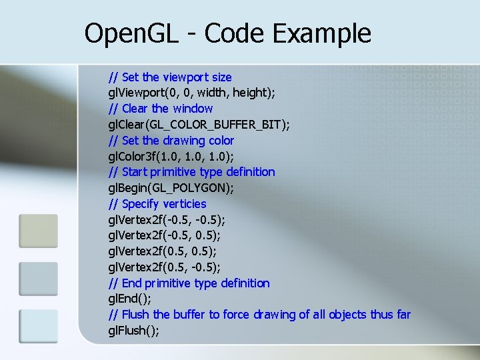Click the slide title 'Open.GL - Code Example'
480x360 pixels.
[227, 33]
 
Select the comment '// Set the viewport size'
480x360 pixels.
[170, 77]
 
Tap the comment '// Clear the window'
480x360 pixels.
[161, 108]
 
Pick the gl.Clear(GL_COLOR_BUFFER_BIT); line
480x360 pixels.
[199, 124]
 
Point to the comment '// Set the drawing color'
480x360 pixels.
[171, 140]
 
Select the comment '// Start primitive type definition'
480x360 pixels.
[191, 171]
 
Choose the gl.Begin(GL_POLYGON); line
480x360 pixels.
[171, 187]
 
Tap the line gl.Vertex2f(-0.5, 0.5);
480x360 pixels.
[165, 235]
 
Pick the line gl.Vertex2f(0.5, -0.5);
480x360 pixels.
[165, 267]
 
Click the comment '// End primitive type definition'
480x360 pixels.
[189, 283]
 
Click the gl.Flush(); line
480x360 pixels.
[133, 331]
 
